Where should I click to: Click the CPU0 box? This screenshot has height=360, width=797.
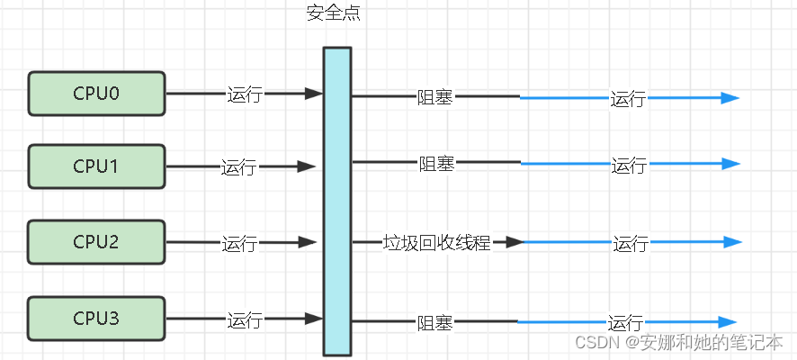click(x=96, y=94)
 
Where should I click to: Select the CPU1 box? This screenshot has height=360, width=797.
click(x=96, y=166)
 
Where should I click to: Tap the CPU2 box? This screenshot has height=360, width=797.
click(x=96, y=242)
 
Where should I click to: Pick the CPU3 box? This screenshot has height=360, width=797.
click(x=96, y=319)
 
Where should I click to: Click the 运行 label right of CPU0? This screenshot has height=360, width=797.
click(x=244, y=94)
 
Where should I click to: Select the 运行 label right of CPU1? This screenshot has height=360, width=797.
click(x=238, y=167)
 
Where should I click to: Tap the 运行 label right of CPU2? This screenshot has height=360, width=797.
click(x=239, y=243)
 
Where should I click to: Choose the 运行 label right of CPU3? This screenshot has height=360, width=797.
click(x=244, y=320)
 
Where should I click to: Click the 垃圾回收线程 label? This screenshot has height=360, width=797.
click(x=436, y=243)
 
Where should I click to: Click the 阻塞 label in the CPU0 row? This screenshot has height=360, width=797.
click(x=434, y=97)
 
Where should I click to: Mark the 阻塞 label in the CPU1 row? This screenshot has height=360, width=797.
click(x=436, y=164)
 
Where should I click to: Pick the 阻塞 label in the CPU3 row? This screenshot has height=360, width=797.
click(x=434, y=322)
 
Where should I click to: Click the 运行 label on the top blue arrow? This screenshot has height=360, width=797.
click(x=628, y=99)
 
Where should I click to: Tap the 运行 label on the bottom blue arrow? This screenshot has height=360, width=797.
click(x=625, y=323)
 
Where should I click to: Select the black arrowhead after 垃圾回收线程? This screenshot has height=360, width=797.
click(x=514, y=242)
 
